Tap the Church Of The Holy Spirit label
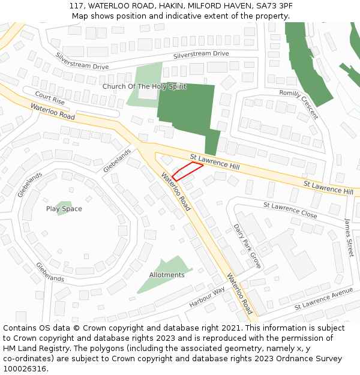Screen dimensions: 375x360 coord(144,87)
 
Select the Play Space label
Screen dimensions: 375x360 coord(64,209)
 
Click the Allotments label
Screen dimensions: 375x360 coord(167,275)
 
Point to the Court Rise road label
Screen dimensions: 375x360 coord(50,98)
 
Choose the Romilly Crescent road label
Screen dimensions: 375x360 coord(299,104)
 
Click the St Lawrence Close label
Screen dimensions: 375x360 coord(290,209)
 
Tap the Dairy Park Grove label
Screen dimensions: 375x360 coord(247,246)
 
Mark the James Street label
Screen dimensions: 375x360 coord(349,237)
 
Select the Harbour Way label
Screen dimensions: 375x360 coord(207,295)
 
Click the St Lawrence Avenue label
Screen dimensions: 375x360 coord(323,299)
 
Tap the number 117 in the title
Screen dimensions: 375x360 coord(76,5)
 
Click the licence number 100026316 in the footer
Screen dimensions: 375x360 coord(25,369)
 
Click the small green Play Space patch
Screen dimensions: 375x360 coord(64,206)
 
